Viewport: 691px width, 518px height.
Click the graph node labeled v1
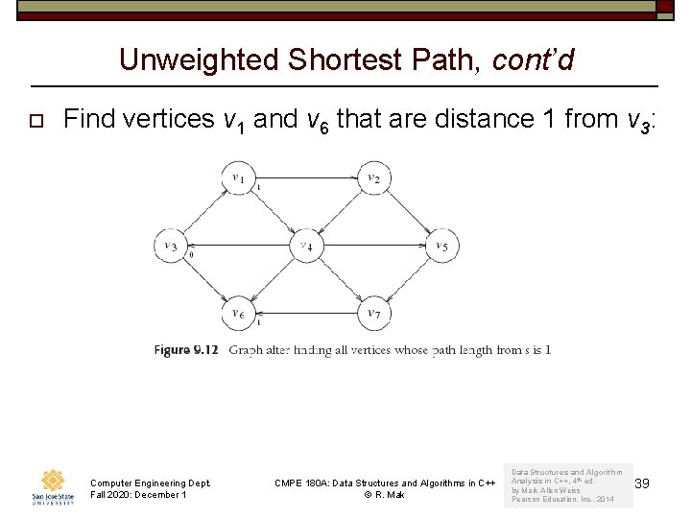[x=237, y=177]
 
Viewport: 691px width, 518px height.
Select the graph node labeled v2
[x=373, y=177]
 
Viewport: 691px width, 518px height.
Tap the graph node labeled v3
[x=170, y=246]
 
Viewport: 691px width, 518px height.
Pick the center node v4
[x=305, y=246]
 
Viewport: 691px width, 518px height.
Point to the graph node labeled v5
[x=441, y=246]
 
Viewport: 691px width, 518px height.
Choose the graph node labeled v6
[x=237, y=313]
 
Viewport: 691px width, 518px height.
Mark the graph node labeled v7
[x=373, y=313]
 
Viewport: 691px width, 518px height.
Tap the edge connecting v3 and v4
[x=237, y=246]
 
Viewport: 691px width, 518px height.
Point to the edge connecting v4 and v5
[x=373, y=246]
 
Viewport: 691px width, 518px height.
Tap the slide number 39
[x=642, y=483]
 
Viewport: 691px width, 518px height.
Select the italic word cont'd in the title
[x=533, y=60]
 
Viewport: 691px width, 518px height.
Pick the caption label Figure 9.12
[x=186, y=350]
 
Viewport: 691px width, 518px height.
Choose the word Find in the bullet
[x=90, y=119]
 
